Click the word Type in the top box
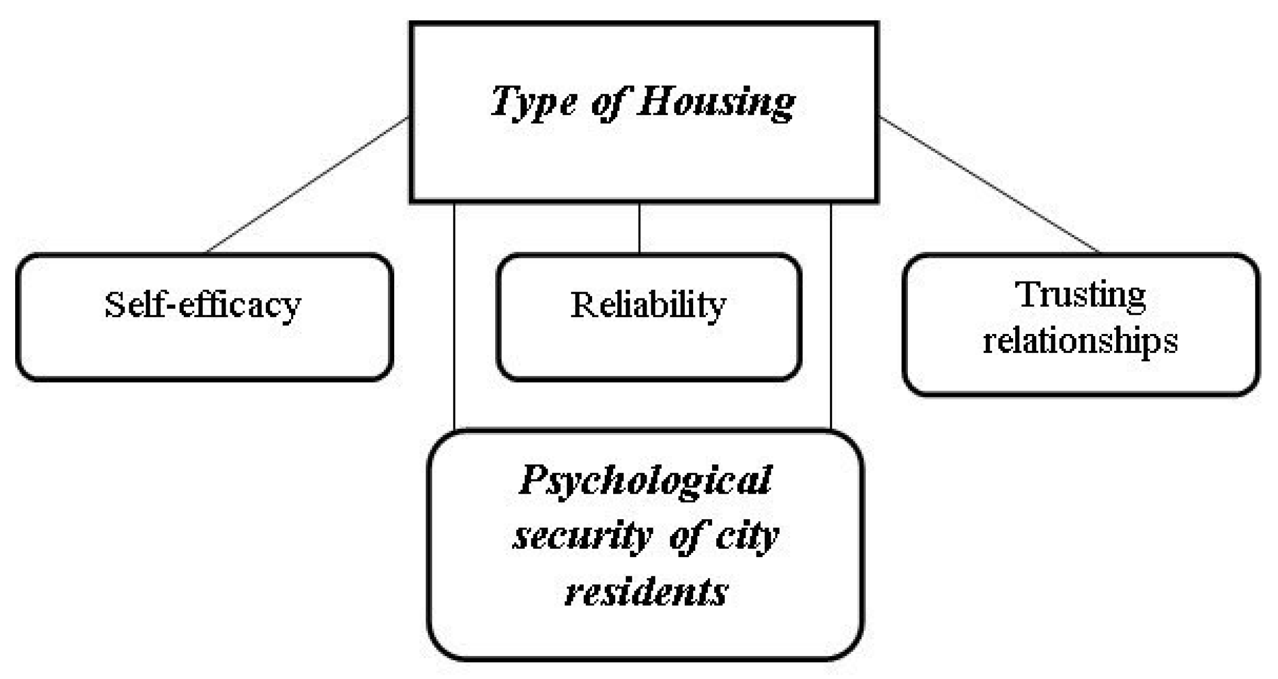tap(534, 103)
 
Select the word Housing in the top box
tap(716, 103)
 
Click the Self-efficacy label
tap(203, 305)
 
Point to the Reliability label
tap(648, 305)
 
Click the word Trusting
tap(1081, 296)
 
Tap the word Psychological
tap(646, 481)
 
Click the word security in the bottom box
tap(583, 537)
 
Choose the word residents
tap(647, 593)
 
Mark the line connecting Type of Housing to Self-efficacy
tap(308, 184)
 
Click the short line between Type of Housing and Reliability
tap(639, 228)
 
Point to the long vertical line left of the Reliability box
tap(454, 314)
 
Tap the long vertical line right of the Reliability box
tap(831, 314)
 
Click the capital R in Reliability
tap(581, 305)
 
